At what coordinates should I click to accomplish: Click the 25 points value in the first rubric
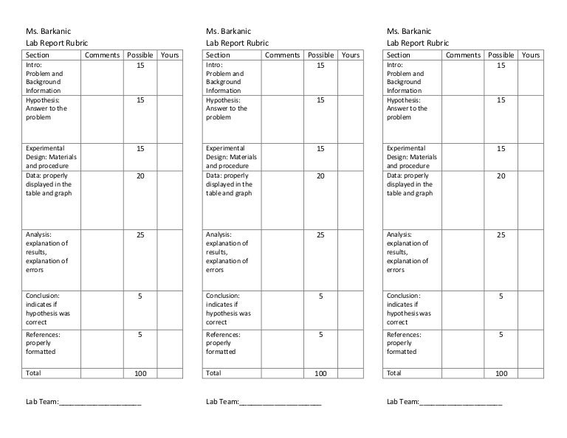point(140,235)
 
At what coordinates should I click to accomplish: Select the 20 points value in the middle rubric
point(320,176)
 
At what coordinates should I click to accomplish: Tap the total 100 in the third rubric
point(501,374)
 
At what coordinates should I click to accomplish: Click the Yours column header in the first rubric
point(169,55)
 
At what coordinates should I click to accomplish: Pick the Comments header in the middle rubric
point(282,55)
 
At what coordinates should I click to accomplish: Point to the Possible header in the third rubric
point(501,55)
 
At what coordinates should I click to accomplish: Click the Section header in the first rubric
point(38,55)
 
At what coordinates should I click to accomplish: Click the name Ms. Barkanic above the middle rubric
point(228,32)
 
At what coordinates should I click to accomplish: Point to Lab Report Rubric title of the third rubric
point(417,44)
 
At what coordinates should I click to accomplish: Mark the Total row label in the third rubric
point(395,373)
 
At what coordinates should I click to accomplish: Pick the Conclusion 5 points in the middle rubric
point(320,296)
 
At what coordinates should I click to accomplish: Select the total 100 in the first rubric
point(140,374)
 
